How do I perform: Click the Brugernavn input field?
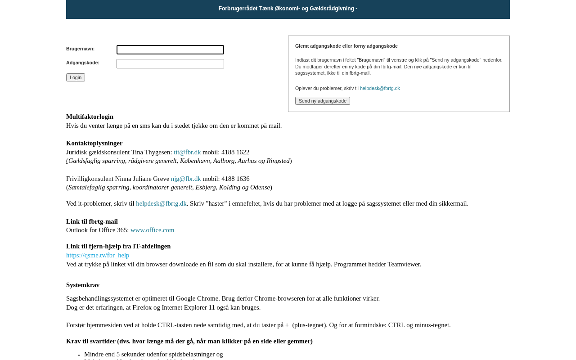pos(170,49)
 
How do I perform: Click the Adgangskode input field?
pos(170,64)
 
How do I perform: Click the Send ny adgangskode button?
pos(323,101)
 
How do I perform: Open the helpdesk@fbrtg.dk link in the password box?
pos(380,88)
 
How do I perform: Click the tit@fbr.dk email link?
pos(187,152)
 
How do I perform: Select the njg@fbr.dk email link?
pos(186,179)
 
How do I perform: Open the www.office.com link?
pos(152,230)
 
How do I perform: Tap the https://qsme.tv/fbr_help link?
pos(98,255)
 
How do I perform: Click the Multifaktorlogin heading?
pos(90,117)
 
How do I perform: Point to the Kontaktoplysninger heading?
pos(94,143)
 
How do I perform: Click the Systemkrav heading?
pos(83,285)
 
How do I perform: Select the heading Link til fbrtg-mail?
pos(92,221)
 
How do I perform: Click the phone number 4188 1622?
pos(235,152)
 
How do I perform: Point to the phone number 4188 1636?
pos(235,179)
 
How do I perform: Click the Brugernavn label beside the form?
pos(80,49)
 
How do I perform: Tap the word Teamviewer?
pos(404,264)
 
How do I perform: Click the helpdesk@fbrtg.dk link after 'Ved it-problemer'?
pos(161,203)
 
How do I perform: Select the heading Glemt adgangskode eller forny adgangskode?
pos(346,46)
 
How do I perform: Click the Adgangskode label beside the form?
pos(82,63)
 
